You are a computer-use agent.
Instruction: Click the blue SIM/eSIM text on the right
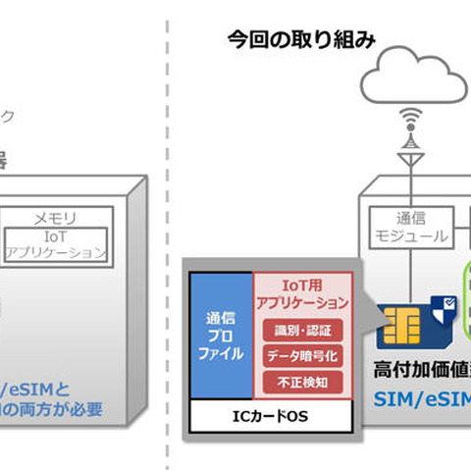point(422,398)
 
